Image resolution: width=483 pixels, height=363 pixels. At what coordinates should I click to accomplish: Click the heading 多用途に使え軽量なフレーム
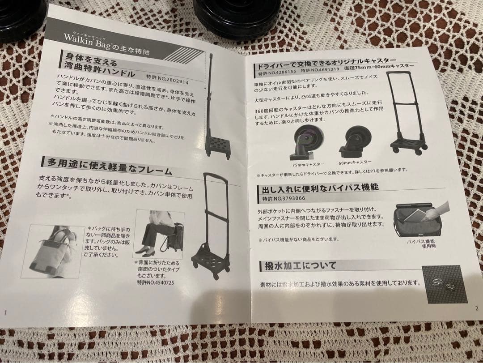click(107, 166)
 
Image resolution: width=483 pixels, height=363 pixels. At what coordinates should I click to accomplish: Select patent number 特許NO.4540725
click(155, 283)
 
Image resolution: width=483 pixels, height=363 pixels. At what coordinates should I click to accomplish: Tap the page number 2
click(476, 308)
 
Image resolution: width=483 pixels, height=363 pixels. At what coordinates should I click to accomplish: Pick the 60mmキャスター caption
click(356, 162)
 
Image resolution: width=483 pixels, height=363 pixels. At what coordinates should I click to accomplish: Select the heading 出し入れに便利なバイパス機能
click(318, 187)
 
